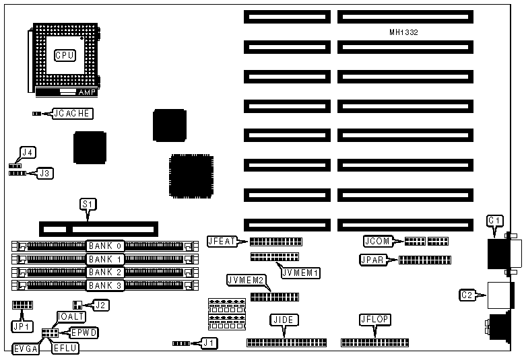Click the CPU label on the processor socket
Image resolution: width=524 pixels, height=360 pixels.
click(x=65, y=55)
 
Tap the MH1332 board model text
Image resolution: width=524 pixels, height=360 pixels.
click(x=403, y=32)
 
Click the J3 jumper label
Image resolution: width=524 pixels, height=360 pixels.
click(x=44, y=173)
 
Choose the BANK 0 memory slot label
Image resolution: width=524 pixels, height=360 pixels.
click(x=104, y=246)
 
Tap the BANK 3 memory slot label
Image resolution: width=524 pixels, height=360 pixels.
click(x=104, y=285)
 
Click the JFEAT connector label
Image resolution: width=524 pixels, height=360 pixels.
click(x=223, y=242)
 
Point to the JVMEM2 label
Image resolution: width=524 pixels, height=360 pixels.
click(x=244, y=279)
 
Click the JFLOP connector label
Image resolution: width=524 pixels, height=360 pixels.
click(x=375, y=320)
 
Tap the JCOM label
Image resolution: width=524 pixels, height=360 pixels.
click(x=375, y=241)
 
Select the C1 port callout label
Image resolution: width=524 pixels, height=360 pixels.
click(x=495, y=220)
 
